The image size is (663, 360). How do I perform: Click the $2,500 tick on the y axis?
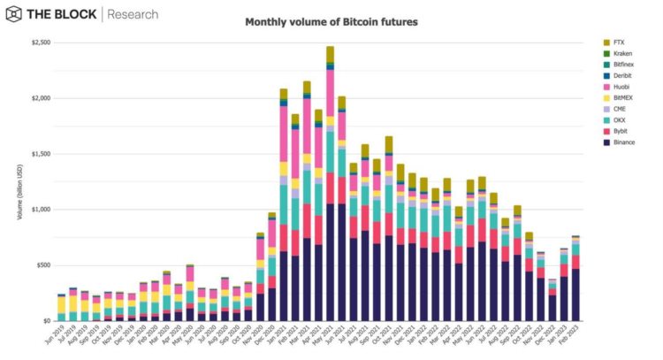pyautogui.click(x=41, y=42)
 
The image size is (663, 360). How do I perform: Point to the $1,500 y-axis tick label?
pyautogui.click(x=41, y=154)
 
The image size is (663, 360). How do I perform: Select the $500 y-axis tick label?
pyautogui.click(x=43, y=265)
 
